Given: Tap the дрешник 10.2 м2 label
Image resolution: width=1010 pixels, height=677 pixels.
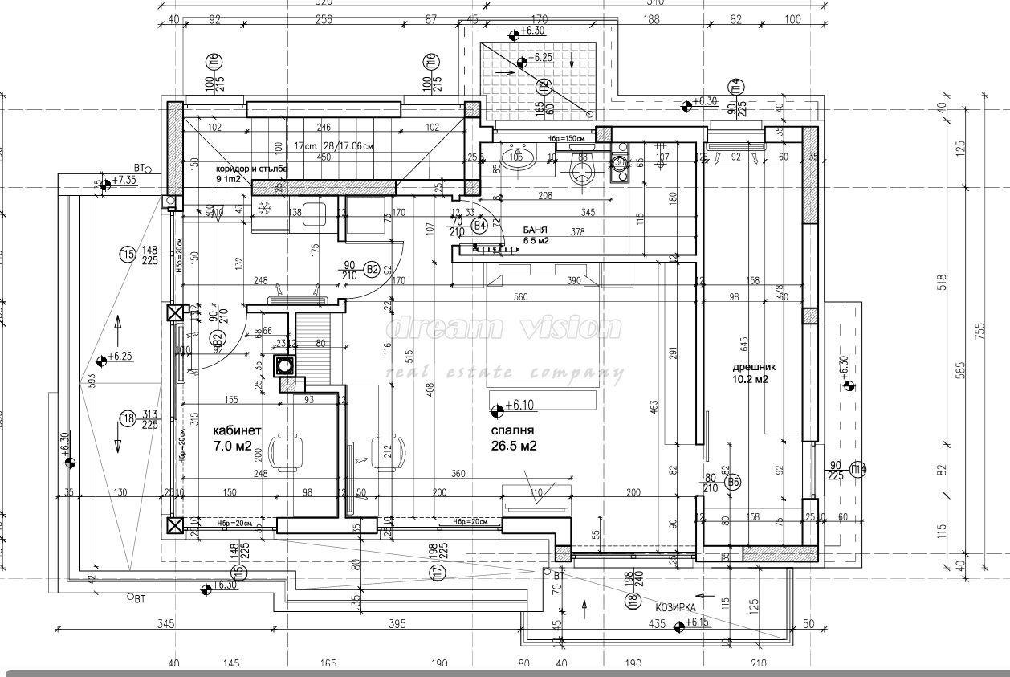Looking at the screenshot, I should [753, 373].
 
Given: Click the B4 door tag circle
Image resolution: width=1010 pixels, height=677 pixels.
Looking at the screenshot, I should [480, 226].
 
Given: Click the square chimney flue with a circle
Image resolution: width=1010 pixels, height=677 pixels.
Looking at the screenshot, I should [285, 366].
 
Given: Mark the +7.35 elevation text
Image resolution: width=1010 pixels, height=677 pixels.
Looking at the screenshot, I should [125, 181].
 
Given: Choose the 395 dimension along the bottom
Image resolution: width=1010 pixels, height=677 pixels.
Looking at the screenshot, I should [397, 623].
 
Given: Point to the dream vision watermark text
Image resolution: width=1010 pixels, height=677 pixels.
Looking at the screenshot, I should [504, 329].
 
